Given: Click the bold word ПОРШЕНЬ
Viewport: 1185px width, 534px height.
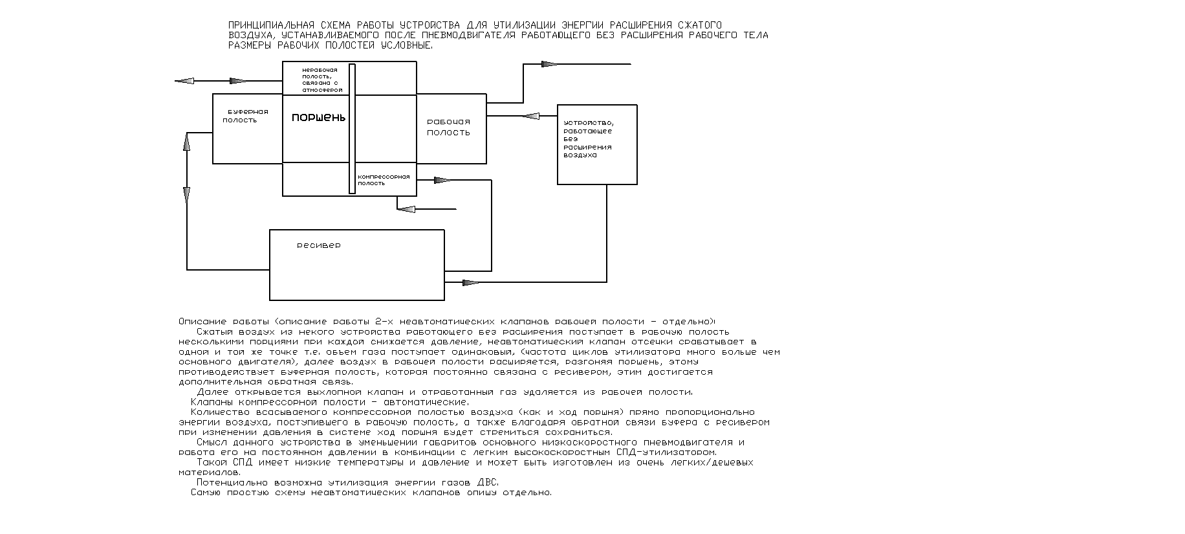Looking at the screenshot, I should [318, 118].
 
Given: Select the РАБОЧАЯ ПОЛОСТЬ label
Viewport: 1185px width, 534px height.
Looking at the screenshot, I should [448, 127].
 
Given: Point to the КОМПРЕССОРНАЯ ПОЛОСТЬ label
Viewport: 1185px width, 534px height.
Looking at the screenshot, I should [384, 180].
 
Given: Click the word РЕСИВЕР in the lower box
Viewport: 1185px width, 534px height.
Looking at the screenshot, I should [318, 246].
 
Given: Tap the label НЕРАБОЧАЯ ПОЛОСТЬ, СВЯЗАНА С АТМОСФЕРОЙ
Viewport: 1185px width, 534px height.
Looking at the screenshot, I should [320, 80].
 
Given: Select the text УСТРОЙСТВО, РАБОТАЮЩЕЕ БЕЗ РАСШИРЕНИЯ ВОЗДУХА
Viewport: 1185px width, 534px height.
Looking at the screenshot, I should [588, 139].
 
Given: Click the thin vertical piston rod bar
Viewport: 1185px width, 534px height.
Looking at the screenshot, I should [352, 128].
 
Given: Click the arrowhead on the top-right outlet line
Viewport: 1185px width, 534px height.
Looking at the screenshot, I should [549, 64].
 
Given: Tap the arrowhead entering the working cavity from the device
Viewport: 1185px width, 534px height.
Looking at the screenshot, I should [530, 117].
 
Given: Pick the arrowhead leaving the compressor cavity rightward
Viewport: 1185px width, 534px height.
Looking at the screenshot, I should [443, 180].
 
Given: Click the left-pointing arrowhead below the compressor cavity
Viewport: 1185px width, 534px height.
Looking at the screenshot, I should [406, 209].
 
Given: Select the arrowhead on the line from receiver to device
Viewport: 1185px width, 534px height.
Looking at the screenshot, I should [472, 282].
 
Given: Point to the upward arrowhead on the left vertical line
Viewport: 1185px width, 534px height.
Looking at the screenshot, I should [187, 144].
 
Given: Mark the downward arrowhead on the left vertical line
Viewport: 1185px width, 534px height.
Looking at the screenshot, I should [187, 194].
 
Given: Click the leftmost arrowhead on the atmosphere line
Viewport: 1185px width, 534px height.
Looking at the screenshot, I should [184, 81].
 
